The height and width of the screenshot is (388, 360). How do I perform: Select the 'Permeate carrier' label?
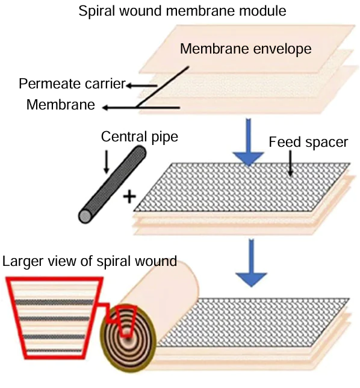71,84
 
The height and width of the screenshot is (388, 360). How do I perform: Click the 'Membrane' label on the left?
60,105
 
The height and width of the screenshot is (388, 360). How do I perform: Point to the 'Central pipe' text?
140,137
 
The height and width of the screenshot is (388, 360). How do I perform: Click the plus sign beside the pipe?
128,197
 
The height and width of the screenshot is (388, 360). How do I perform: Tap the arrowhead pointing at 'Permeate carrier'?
128,85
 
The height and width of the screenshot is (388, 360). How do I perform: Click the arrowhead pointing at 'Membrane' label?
104,108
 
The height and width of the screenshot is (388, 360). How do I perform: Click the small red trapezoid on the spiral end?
127,320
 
